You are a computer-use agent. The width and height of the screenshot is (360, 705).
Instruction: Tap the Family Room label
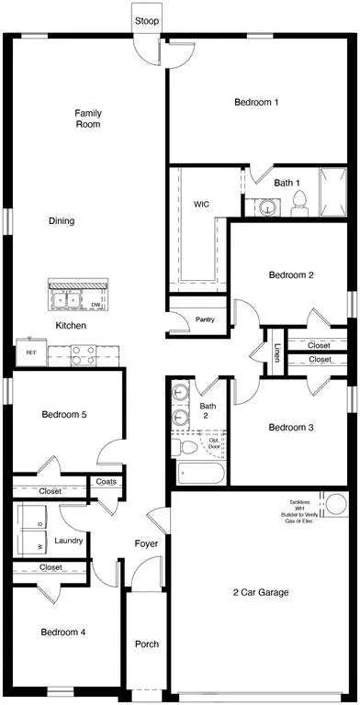pos(88,118)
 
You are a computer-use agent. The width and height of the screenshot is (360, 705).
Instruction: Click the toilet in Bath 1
pos(299,205)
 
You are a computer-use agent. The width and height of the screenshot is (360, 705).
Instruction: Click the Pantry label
pos(205,320)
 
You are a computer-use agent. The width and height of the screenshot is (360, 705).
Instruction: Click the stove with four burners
pos(78,351)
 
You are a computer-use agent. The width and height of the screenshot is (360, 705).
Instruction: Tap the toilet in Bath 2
pos(186,446)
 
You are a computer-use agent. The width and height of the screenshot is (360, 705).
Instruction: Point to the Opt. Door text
pos(215,444)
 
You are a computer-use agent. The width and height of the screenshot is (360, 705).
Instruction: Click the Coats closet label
pos(106,481)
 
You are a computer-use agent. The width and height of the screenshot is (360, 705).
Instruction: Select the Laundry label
pos(69,541)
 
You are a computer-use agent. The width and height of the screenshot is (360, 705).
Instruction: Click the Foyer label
pos(146,544)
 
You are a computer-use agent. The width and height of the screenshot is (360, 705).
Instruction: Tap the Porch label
pos(146,643)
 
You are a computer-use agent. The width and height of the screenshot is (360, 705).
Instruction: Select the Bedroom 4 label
pos(63,632)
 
